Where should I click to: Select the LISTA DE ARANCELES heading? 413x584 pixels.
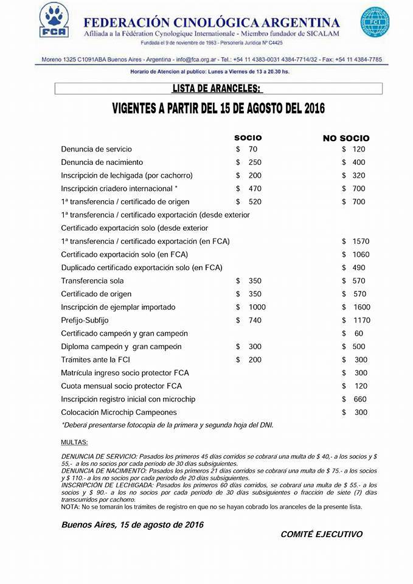(x=217, y=89)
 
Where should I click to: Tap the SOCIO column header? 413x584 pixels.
(x=248, y=138)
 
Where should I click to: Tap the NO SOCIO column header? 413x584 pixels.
(x=345, y=138)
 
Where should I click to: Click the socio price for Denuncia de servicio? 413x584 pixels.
(x=253, y=149)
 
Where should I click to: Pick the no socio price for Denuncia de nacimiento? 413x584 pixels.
(x=358, y=162)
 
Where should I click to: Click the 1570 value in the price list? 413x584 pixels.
(x=361, y=242)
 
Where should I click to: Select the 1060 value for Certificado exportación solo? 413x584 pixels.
(x=361, y=254)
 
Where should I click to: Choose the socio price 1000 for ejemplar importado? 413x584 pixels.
(x=257, y=307)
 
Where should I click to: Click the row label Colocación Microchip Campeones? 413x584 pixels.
(x=119, y=412)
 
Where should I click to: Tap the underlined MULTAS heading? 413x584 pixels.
(x=75, y=442)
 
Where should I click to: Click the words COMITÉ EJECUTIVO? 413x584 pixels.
(x=321, y=534)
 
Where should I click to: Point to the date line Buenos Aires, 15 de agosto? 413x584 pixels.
(x=133, y=524)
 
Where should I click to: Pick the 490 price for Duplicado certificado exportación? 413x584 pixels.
(x=358, y=268)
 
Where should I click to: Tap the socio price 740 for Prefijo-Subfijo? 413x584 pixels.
(x=255, y=320)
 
